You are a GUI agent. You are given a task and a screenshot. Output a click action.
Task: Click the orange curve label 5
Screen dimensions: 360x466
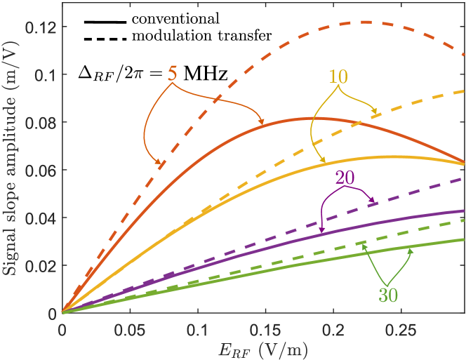point(171,73)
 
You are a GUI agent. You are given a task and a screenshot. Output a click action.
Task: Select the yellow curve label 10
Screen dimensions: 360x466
point(338,76)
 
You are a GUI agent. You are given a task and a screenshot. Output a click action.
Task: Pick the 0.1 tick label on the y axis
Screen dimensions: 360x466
point(46,75)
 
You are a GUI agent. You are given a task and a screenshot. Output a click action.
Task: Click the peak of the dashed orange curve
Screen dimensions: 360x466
point(365,22)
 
